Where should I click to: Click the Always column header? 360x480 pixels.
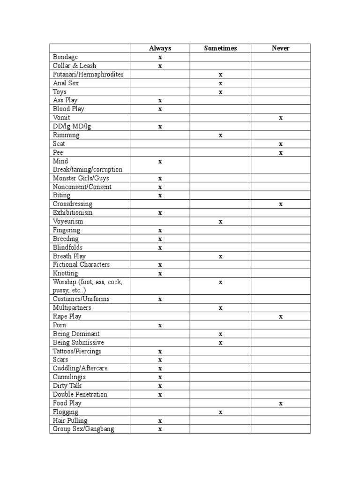160,48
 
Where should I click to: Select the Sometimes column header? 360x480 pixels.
220,48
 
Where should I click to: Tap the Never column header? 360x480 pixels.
280,48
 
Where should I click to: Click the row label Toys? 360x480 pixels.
60,92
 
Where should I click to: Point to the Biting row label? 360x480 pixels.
61,195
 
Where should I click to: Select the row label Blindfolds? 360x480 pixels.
67,247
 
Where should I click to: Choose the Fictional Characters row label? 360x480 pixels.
81,264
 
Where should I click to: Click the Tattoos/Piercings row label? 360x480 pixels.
77,351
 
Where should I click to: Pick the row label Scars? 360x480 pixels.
60,360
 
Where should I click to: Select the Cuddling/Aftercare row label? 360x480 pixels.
80,368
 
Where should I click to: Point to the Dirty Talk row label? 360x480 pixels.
68,386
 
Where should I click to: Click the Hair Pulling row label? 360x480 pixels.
70,420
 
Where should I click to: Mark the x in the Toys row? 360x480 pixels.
220,92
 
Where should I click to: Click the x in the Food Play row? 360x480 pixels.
280,404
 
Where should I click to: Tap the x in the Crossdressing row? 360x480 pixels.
280,204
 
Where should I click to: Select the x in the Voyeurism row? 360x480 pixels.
220,222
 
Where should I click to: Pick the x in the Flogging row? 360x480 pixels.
220,412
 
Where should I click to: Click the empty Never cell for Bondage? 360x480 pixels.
280,57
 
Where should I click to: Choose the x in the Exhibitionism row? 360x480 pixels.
160,213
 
